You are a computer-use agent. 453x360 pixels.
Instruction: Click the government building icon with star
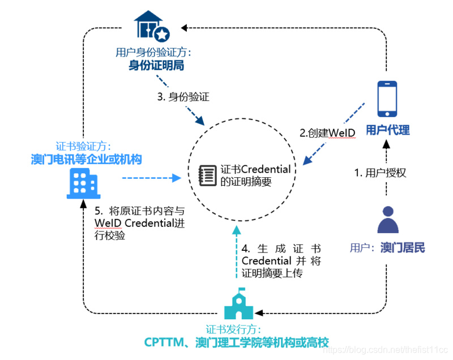tap(151, 27)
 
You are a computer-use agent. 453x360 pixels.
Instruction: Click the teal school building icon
tap(238, 306)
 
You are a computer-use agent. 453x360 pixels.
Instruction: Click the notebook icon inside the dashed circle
tap(207, 175)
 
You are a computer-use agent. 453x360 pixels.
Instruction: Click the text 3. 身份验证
tap(183, 97)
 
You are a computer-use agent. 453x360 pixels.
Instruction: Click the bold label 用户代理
tap(387, 130)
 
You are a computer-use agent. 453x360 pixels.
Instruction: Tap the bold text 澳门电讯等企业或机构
tap(86, 160)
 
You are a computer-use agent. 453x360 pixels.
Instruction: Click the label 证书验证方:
tap(83, 145)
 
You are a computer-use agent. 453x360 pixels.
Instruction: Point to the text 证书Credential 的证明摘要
tap(255, 175)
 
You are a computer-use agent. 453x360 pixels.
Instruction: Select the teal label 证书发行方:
tap(233, 329)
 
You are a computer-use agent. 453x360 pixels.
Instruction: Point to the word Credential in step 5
tap(150, 222)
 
